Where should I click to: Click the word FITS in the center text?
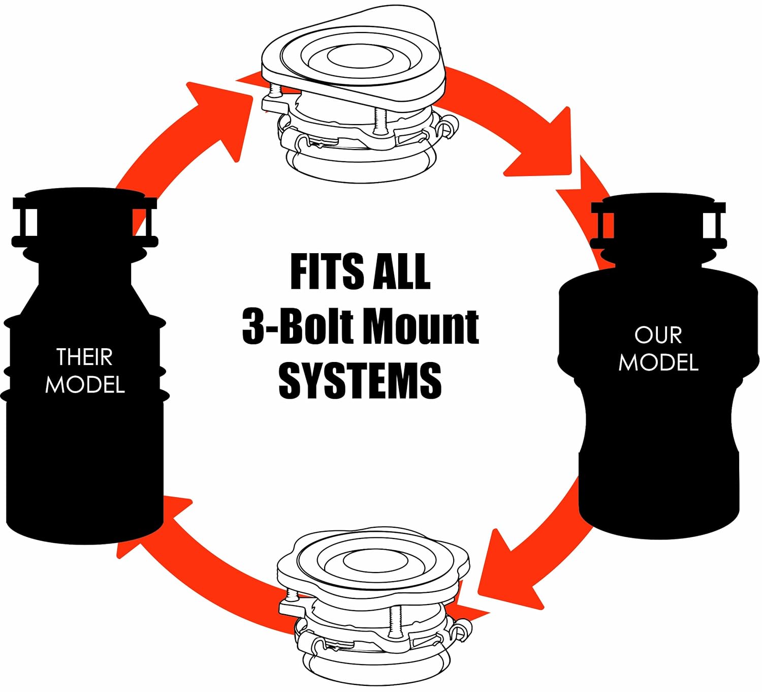[327, 272]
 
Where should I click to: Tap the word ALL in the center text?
[401, 272]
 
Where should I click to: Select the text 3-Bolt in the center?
[297, 326]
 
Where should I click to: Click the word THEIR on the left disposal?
[85, 357]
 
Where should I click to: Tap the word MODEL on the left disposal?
[85, 385]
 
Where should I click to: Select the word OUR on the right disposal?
[658, 336]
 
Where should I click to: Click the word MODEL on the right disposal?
[658, 363]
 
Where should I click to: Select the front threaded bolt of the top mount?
[380, 121]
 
